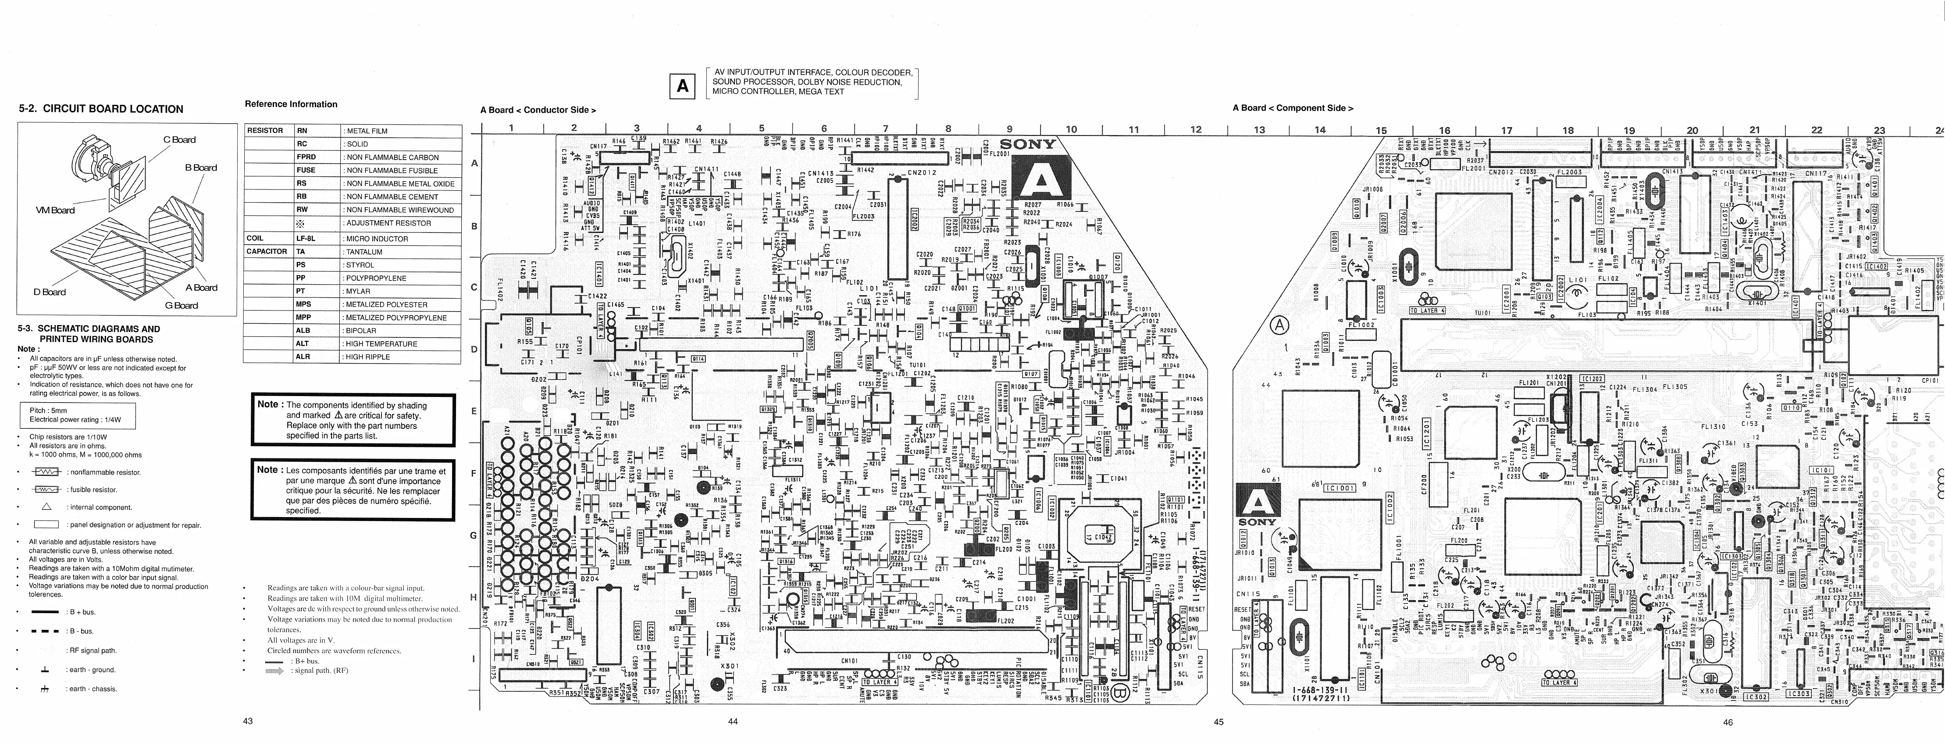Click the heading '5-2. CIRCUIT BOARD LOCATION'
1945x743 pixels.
(101, 109)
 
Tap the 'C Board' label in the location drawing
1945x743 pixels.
(179, 139)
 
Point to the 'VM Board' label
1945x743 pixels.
(55, 210)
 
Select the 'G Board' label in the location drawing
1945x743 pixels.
(181, 306)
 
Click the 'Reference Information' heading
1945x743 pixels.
(291, 104)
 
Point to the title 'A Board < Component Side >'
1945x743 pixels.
(1293, 108)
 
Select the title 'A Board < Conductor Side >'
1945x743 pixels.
(538, 110)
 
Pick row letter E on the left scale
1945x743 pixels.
(474, 411)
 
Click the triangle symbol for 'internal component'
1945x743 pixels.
(46, 507)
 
